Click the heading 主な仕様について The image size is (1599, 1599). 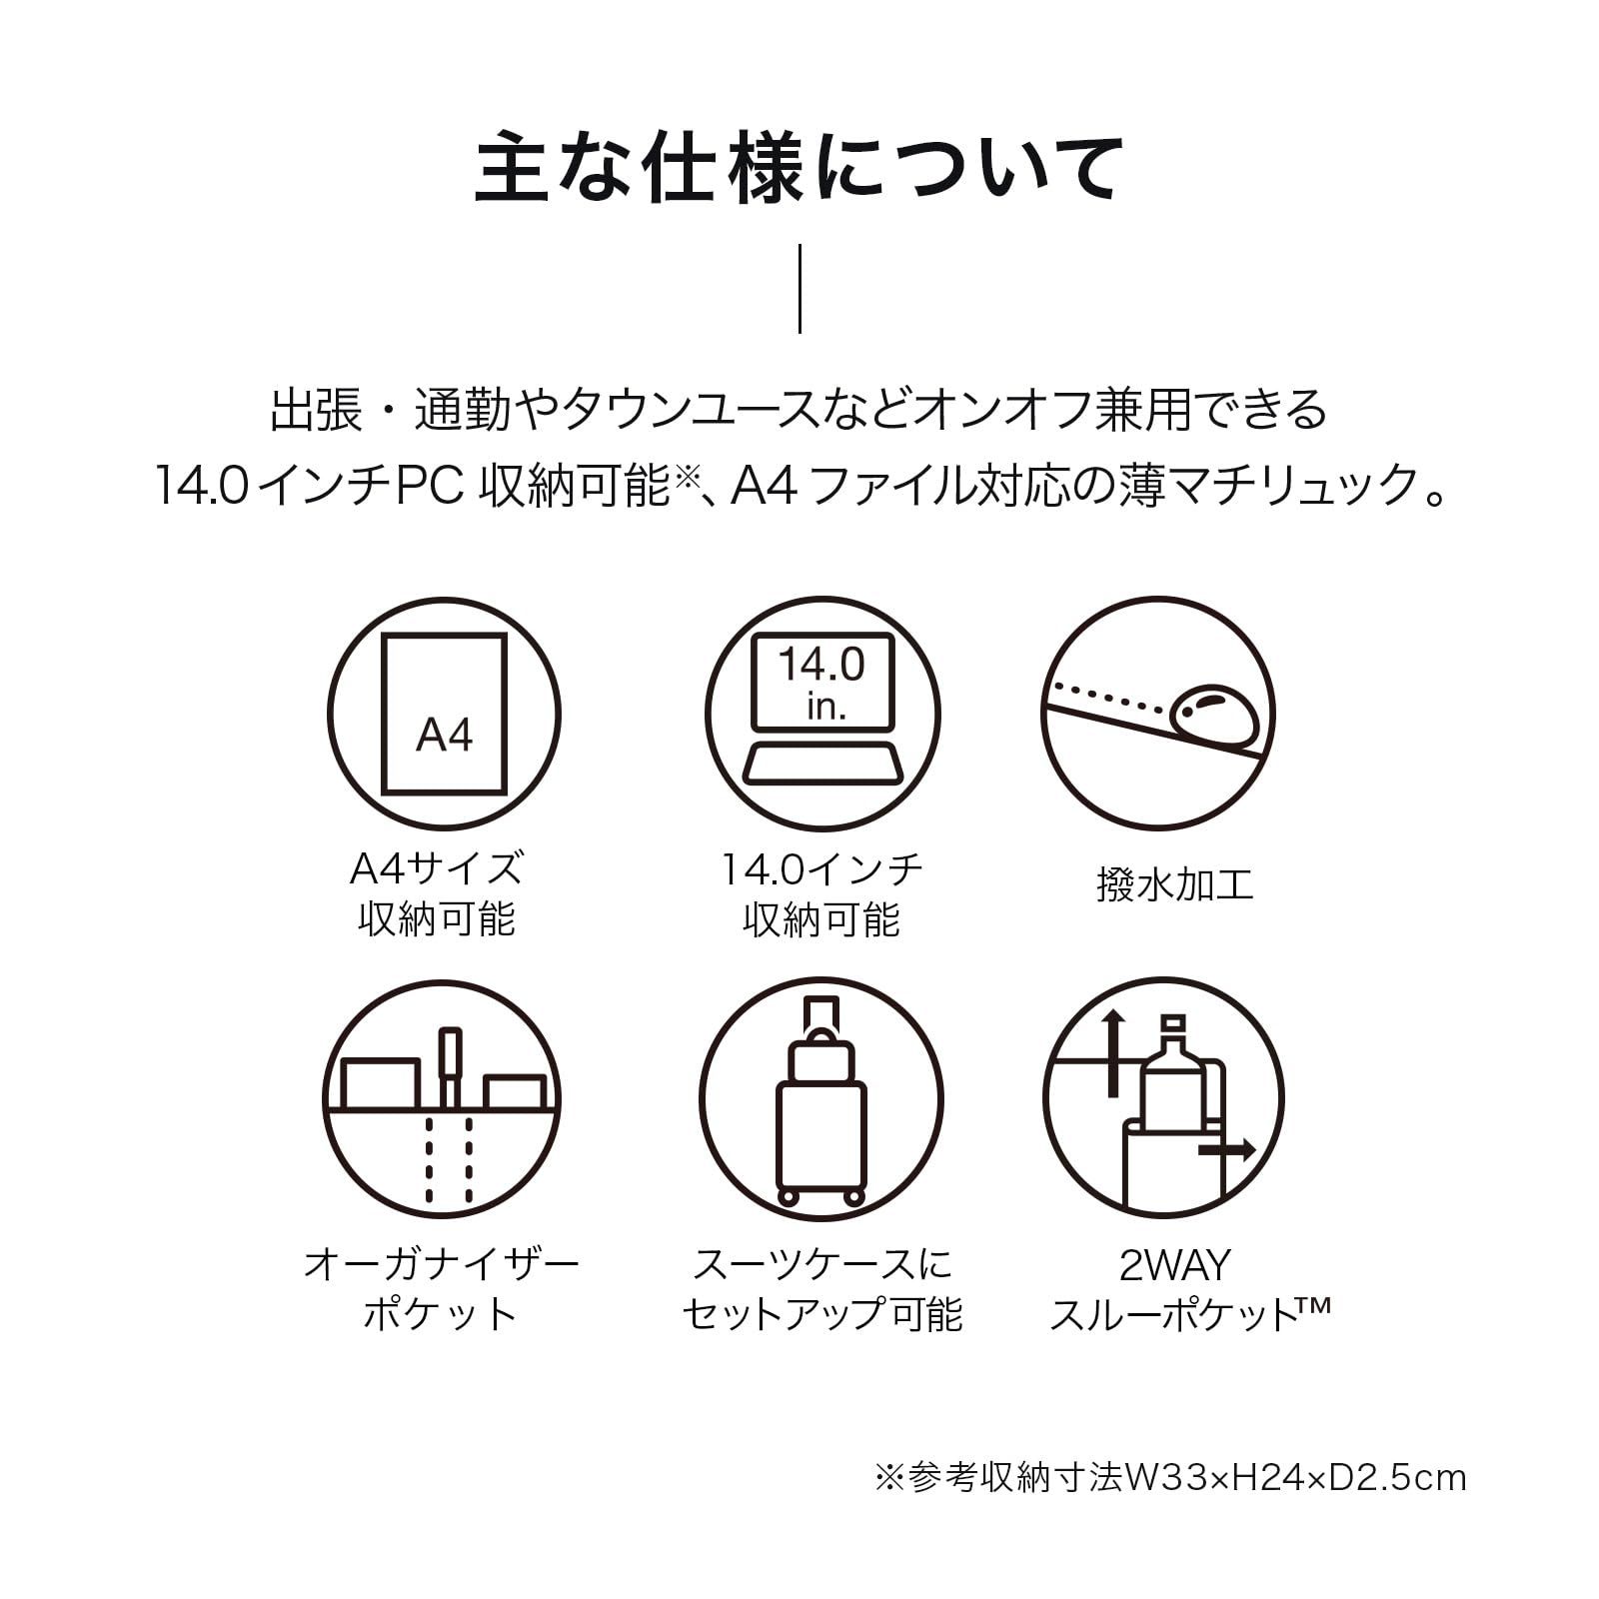(799, 170)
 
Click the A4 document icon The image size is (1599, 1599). (444, 715)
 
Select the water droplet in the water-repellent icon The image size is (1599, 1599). (1213, 716)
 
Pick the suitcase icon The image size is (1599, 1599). (821, 1099)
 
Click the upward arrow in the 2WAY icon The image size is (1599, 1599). (1113, 1052)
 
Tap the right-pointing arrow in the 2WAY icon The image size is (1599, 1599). (1226, 1150)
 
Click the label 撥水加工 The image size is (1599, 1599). (1174, 885)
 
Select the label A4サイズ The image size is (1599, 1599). (437, 867)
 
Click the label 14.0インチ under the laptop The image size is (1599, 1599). (821, 869)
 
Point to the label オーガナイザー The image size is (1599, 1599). (441, 1264)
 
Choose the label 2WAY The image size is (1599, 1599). (1174, 1265)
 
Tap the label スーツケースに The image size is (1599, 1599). (822, 1264)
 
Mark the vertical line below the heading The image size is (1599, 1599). (799, 288)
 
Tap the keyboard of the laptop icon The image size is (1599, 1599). (821, 764)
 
